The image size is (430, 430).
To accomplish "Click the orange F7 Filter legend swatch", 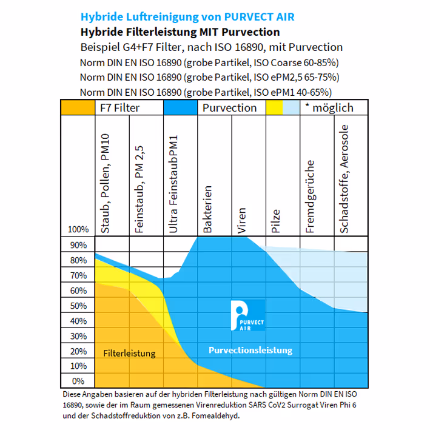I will click(x=78, y=108).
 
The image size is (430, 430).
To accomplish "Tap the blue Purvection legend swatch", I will click(x=181, y=108).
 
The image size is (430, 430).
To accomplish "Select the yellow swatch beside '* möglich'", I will click(x=275, y=108).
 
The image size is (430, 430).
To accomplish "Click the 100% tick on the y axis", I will click(x=78, y=230).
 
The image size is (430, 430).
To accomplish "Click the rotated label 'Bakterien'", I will click(x=207, y=209).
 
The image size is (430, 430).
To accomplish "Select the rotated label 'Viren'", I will click(x=242, y=221).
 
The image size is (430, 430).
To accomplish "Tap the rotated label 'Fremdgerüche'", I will click(x=311, y=197).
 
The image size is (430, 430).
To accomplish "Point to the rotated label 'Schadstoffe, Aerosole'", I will click(x=345, y=180).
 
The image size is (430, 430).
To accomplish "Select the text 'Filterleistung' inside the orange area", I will click(x=129, y=353).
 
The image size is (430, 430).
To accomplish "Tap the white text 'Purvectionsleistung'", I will click(x=250, y=350).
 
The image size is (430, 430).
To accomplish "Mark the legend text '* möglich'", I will click(x=329, y=108).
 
